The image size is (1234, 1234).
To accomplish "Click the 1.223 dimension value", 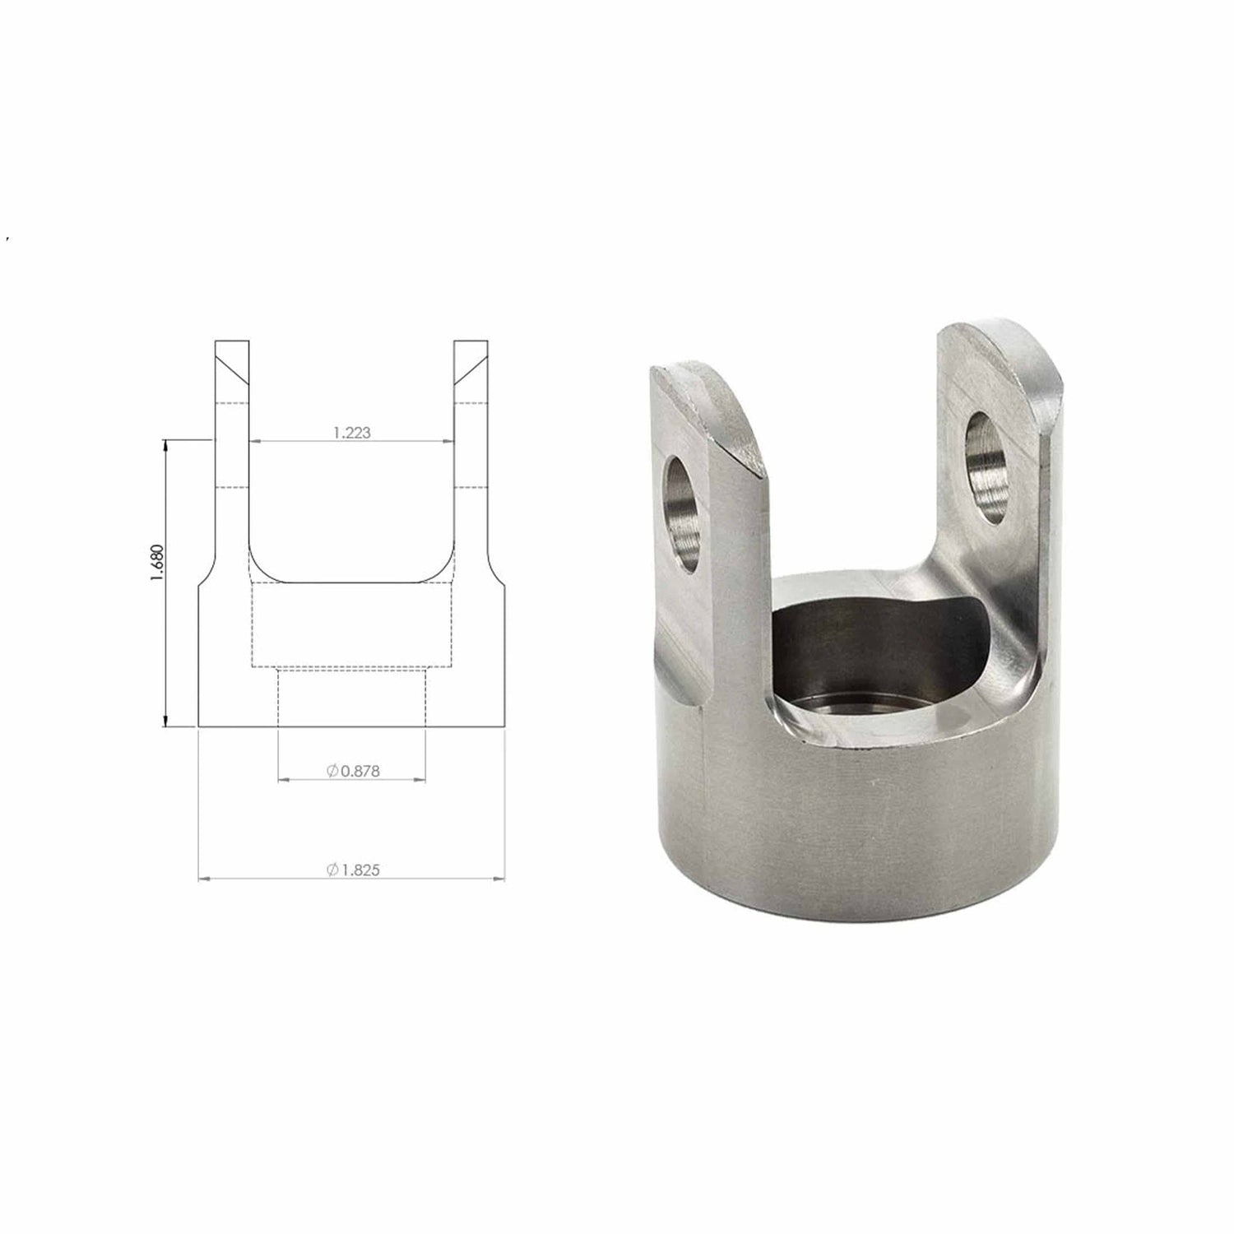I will (352, 433).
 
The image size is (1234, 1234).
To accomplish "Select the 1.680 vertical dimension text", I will (158, 564).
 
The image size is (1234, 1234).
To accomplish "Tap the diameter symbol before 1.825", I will (332, 869).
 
